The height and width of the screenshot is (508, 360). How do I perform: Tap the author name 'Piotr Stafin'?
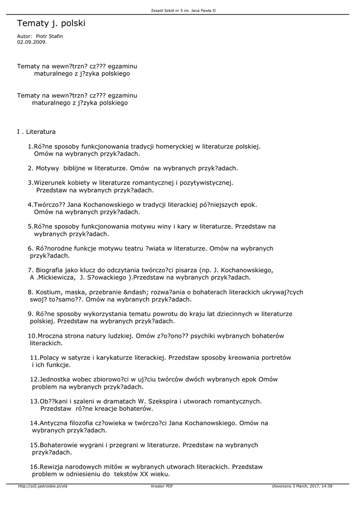click(50, 36)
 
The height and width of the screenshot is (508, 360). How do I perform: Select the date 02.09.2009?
click(32, 42)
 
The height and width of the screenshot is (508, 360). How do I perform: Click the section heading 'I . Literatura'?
click(36, 132)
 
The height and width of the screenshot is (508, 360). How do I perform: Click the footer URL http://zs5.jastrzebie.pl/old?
click(43, 486)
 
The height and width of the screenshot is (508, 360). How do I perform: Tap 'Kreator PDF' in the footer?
click(162, 486)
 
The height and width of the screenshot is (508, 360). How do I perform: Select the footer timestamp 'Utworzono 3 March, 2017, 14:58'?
click(302, 486)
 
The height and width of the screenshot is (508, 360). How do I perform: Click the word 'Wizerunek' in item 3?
click(50, 183)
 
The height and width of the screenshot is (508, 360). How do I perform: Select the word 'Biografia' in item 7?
click(50, 270)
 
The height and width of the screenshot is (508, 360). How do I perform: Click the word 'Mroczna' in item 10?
click(52, 336)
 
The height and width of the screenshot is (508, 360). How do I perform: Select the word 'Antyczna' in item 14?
click(54, 423)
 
